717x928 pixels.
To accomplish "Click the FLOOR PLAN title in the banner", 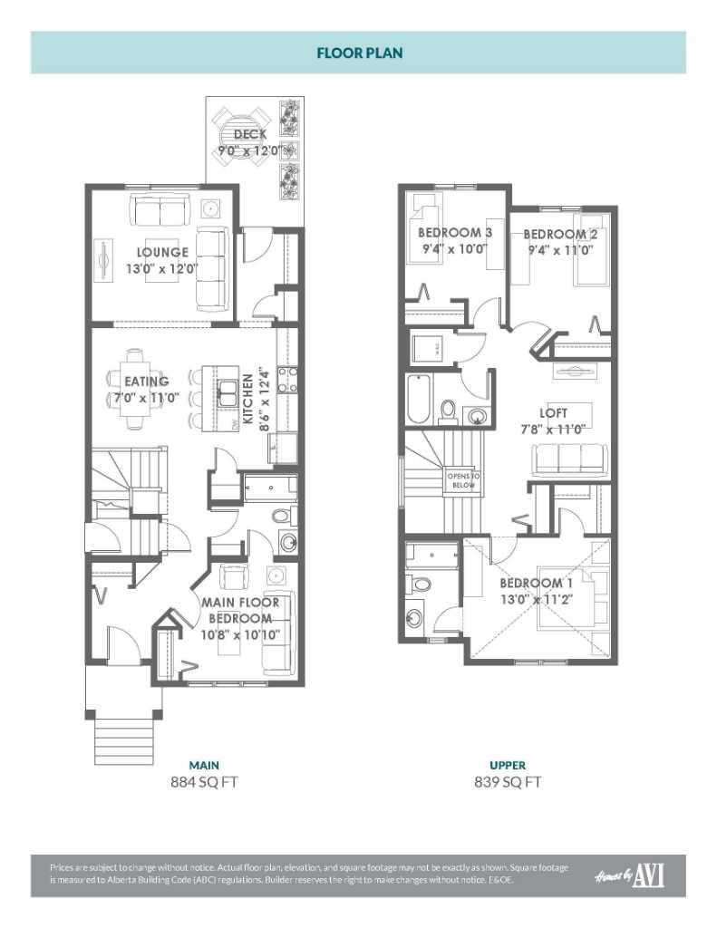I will [x=359, y=53].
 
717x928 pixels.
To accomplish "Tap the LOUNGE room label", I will [x=163, y=252].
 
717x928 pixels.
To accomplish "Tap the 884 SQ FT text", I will [x=203, y=781].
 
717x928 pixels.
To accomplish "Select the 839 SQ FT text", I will [x=508, y=781].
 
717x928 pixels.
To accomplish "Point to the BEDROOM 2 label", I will [x=559, y=232].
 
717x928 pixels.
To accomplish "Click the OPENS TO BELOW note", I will [x=463, y=480].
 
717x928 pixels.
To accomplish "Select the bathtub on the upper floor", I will [x=418, y=399].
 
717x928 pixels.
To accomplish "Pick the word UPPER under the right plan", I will [x=508, y=765].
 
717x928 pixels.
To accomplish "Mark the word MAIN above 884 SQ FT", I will [x=203, y=765].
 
